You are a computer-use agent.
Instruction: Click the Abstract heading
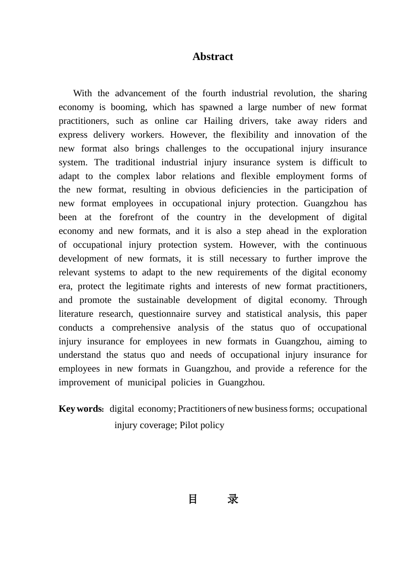pyautogui.click(x=213, y=57)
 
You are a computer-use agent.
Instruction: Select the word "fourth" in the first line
pyautogui.click(x=214, y=93)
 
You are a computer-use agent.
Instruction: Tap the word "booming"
pyautogui.click(x=129, y=107)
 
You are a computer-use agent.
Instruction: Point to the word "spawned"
pyautogui.click(x=214, y=107)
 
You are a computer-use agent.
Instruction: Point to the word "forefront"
pyautogui.click(x=136, y=217)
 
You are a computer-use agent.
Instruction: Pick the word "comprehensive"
pyautogui.click(x=141, y=328)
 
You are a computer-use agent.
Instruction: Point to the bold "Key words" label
pyautogui.click(x=80, y=409)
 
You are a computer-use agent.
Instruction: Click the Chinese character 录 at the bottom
pyautogui.click(x=233, y=499)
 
